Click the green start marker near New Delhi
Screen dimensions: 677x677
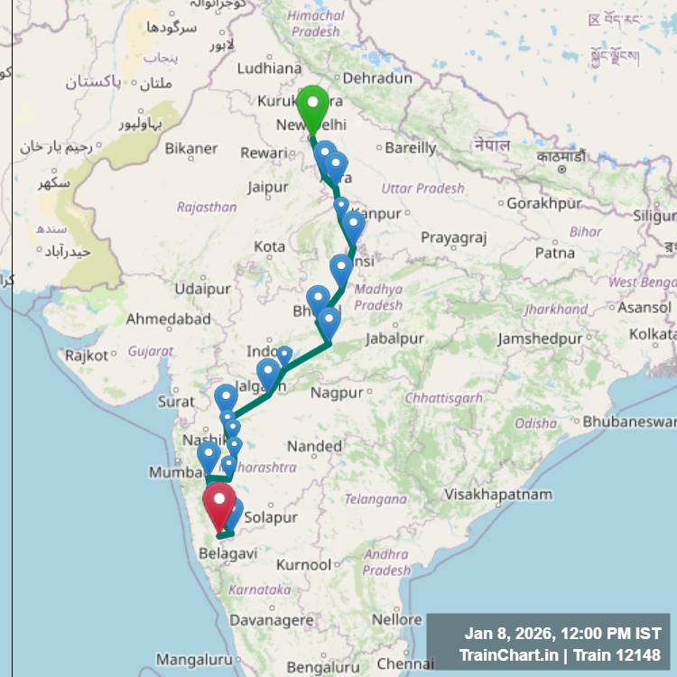312,109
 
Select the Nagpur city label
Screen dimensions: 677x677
337,393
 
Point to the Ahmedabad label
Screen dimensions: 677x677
168,320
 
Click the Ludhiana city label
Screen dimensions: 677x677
269,68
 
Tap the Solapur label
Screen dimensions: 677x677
271,518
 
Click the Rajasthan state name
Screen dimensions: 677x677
207,208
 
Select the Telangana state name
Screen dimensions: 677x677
376,499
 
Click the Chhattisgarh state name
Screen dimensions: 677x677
443,398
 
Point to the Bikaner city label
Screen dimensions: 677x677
190,148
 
